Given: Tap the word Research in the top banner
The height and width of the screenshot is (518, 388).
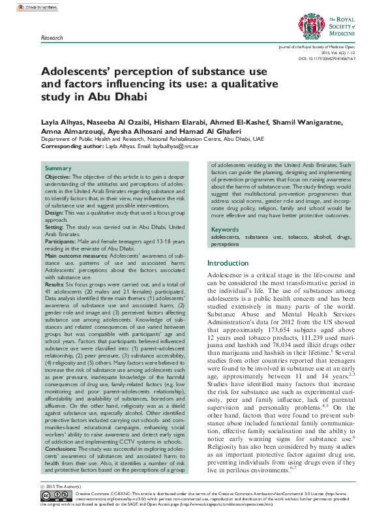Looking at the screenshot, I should point(52,38).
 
